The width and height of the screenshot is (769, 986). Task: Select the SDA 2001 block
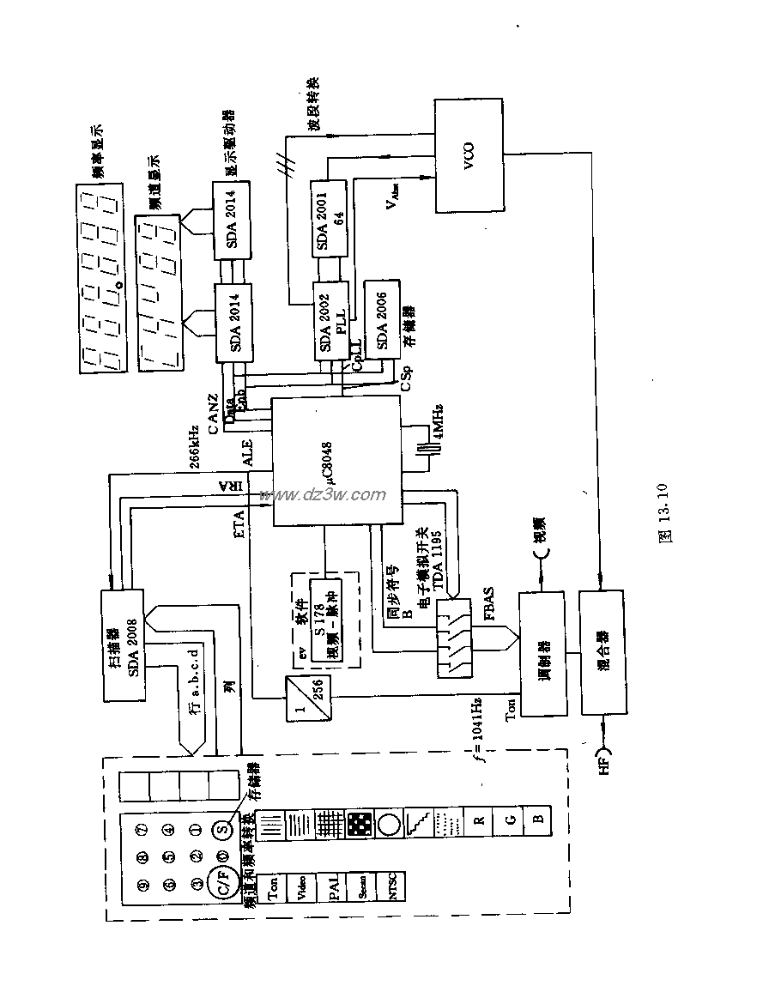click(328, 219)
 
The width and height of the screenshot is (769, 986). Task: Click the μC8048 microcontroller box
click(336, 461)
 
